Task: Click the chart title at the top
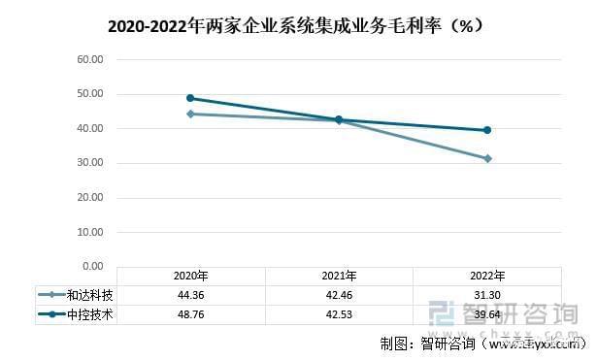point(297,26)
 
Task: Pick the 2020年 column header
point(190,276)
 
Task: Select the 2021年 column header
point(339,276)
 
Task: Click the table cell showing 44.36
point(190,295)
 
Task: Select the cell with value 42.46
point(339,295)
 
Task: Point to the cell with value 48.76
point(190,313)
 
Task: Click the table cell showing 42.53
point(339,313)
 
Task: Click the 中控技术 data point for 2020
point(190,98)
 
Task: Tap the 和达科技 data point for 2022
point(487,158)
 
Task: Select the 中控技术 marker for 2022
point(487,130)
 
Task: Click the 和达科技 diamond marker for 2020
point(190,114)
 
